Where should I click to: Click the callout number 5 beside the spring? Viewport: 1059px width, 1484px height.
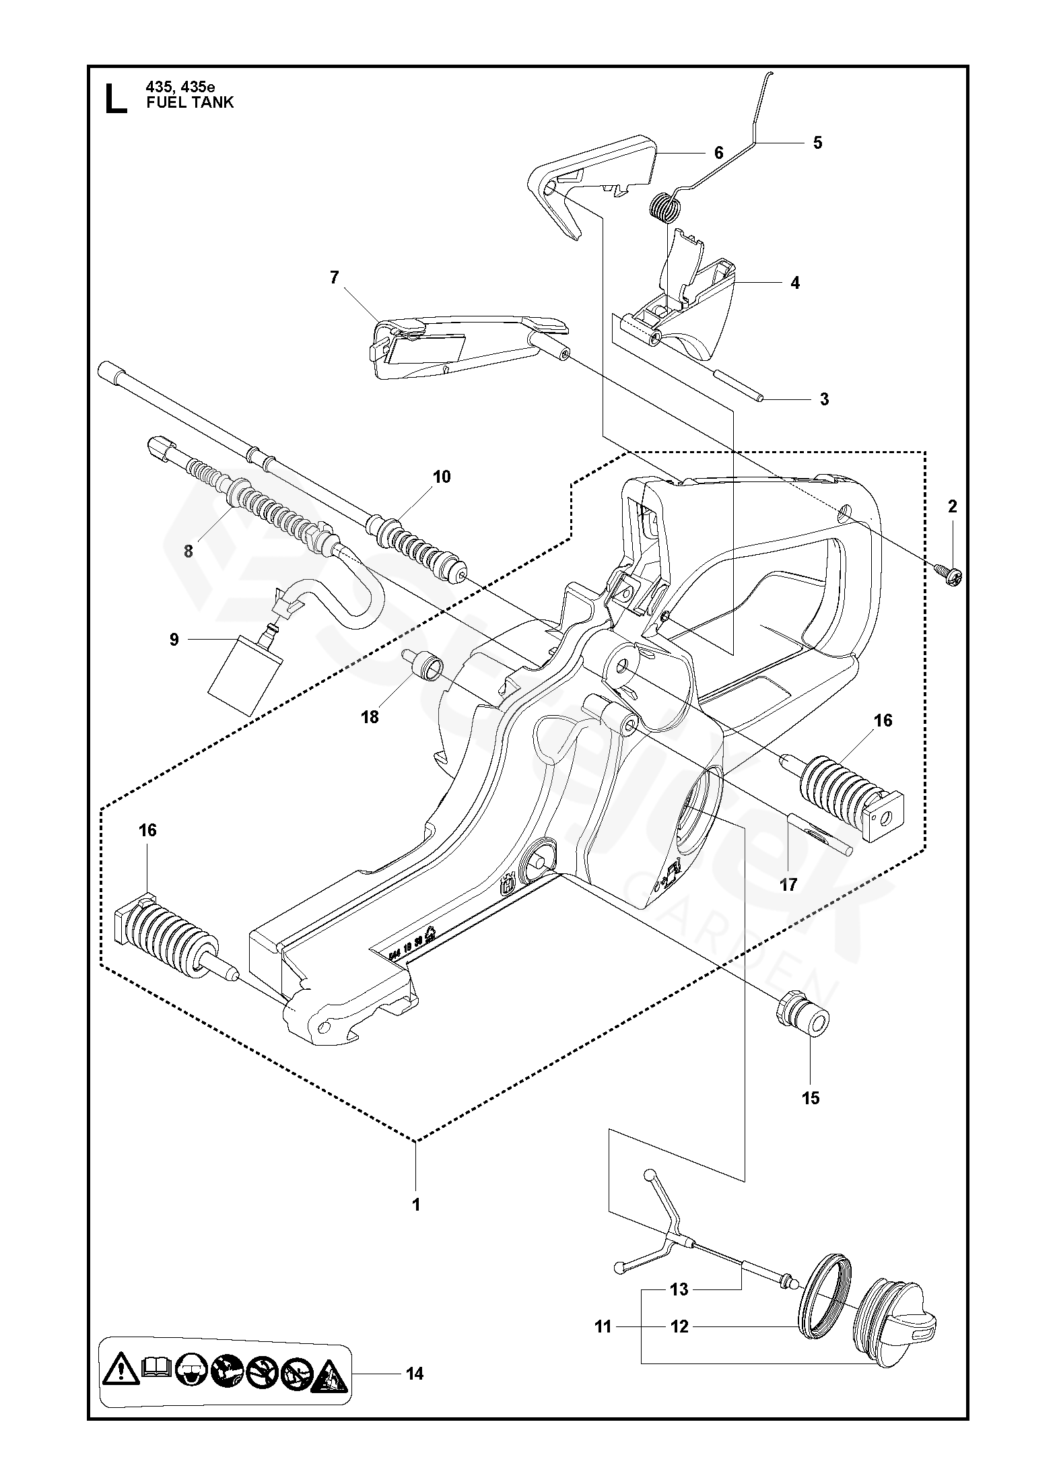coord(817,143)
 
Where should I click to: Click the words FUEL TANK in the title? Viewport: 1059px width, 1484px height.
coord(190,102)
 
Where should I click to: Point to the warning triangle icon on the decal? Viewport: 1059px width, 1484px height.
coord(121,1372)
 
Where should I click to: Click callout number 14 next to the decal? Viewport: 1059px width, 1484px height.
coord(415,1374)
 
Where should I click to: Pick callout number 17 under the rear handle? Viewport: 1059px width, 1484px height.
coord(788,884)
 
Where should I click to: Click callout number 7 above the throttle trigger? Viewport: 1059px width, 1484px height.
coord(335,277)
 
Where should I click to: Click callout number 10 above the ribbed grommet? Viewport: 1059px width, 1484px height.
coord(441,477)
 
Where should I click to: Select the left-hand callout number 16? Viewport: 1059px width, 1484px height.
coord(147,830)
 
